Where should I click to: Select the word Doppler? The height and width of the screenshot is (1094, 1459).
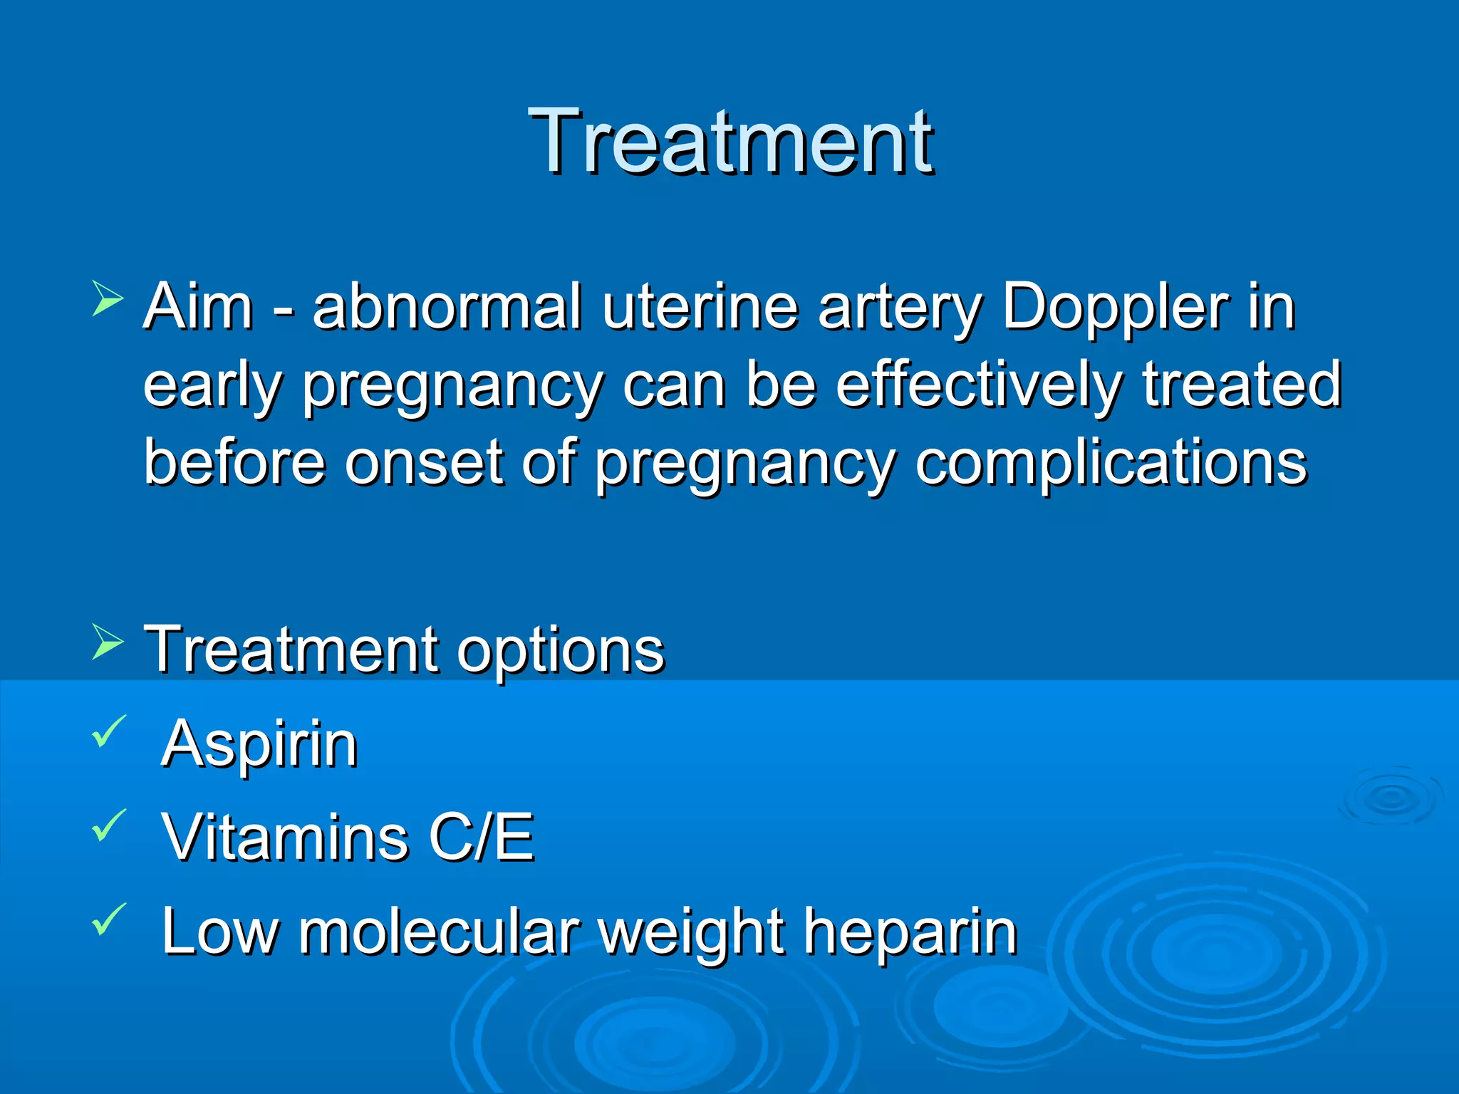(x=1116, y=308)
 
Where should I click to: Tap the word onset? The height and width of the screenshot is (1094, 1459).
(x=425, y=463)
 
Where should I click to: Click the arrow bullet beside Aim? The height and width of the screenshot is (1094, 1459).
(x=108, y=298)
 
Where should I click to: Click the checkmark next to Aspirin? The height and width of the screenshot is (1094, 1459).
(x=108, y=731)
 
